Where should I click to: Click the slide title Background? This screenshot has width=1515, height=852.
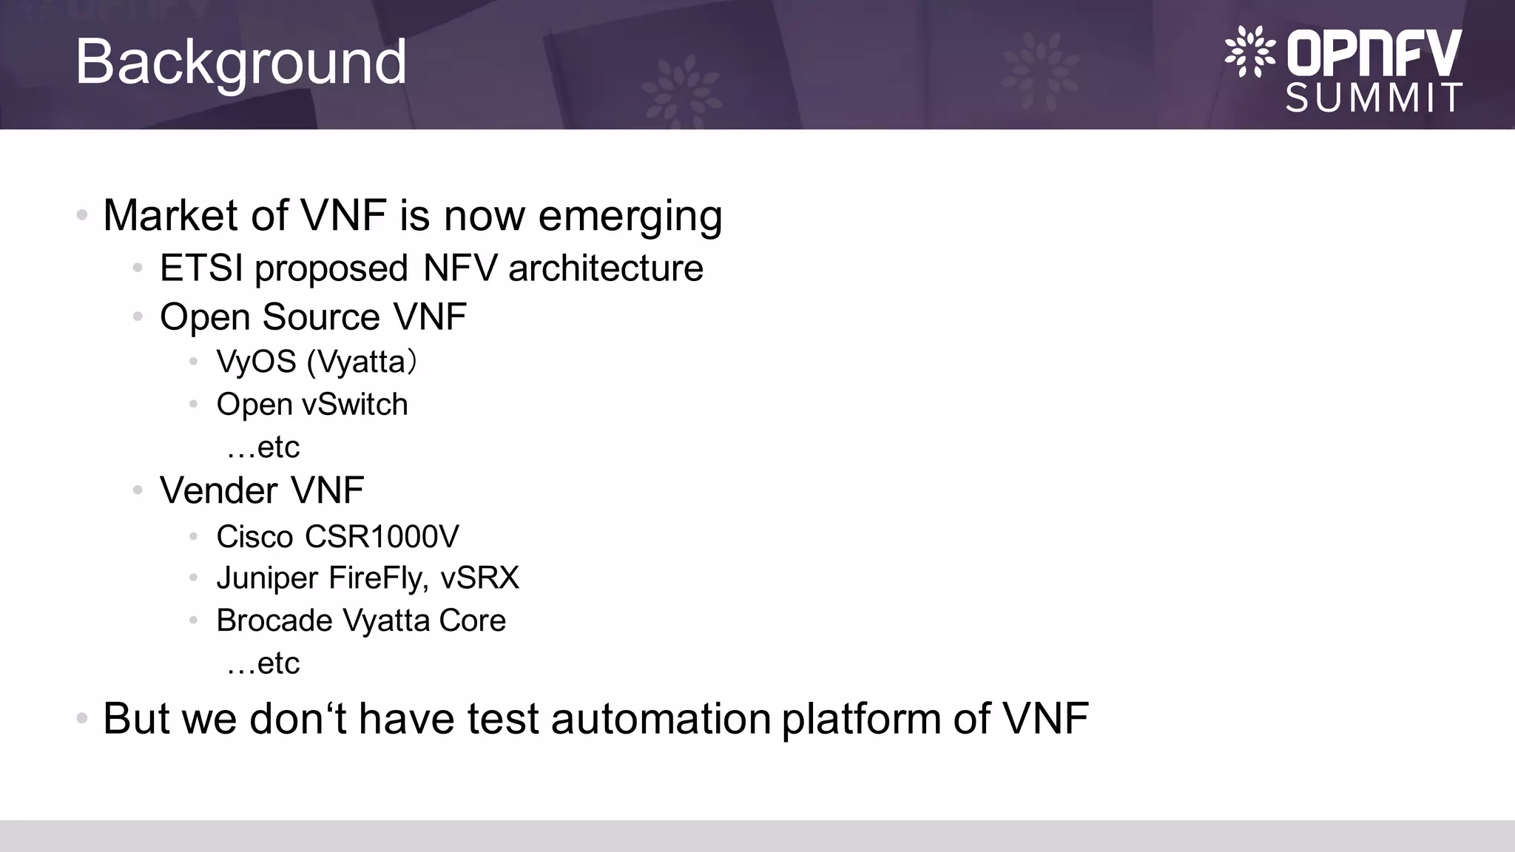(x=240, y=62)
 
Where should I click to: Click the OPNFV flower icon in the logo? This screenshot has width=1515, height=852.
(x=1249, y=51)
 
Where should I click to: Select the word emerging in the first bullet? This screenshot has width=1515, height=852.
(x=630, y=217)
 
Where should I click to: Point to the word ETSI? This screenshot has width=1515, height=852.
(x=201, y=268)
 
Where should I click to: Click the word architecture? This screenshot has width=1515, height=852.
(x=606, y=268)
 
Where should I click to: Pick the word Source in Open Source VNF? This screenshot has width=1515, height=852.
(x=321, y=317)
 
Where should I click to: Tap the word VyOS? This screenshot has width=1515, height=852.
(x=256, y=362)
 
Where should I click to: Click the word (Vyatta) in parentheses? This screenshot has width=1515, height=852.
(x=362, y=362)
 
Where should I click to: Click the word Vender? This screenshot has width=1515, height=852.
(x=219, y=490)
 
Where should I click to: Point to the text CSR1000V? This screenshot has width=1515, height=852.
(x=382, y=537)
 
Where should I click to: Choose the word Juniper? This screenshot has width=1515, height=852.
(x=267, y=578)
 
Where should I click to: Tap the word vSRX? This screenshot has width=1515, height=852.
(x=479, y=578)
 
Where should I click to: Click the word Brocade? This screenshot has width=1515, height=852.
(x=274, y=621)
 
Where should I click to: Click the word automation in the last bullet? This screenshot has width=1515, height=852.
(x=661, y=718)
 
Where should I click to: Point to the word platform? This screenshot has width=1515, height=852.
(x=861, y=720)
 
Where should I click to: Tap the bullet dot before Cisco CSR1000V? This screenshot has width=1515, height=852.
(x=193, y=536)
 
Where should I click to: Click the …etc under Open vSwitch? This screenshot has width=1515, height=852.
(x=263, y=447)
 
